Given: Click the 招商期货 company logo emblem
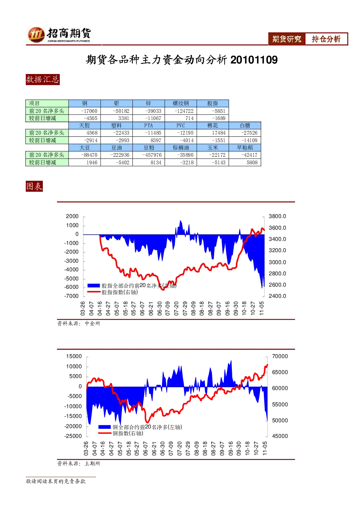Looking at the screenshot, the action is (36, 34).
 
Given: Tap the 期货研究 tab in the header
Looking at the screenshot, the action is (287, 39).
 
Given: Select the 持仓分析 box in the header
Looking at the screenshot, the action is (326, 39).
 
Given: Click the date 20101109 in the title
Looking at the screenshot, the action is (254, 60).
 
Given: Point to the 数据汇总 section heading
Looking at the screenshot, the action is (42, 79).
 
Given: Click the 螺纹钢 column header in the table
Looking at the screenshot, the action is (181, 103).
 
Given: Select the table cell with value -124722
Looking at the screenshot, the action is (181, 111).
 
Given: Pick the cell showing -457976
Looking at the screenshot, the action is (149, 155).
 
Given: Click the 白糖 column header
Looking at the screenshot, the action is (245, 126).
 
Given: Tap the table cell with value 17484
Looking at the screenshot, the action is (213, 133).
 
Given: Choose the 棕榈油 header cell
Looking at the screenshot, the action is (181, 148).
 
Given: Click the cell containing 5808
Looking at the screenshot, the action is (245, 163).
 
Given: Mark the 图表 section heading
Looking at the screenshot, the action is (34, 186).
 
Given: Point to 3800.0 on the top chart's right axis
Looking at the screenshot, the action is (277, 216).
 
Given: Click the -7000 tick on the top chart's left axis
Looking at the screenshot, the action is (71, 296).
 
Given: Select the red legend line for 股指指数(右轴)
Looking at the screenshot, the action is (94, 292).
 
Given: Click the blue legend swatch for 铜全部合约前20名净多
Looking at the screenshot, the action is (104, 427).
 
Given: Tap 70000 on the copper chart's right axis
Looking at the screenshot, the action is (280, 356).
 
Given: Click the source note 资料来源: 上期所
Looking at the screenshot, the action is (79, 463).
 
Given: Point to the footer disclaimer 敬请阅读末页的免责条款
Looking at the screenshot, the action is (56, 481).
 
